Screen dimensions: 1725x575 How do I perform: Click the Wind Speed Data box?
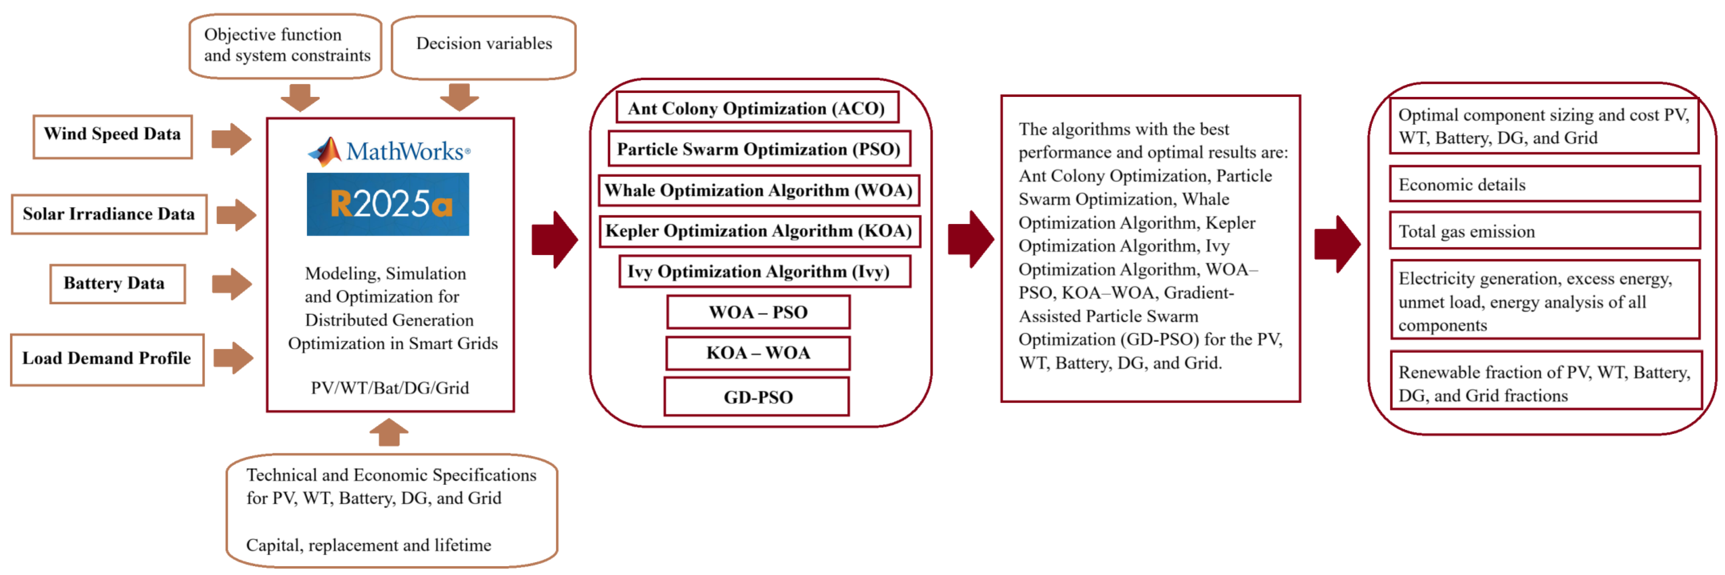pyautogui.click(x=113, y=136)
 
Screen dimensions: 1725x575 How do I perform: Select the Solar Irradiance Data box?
pyautogui.click(x=109, y=214)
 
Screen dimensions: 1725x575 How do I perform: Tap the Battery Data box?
pyautogui.click(x=117, y=284)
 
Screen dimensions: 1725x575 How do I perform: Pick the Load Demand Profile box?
pyautogui.click(x=107, y=359)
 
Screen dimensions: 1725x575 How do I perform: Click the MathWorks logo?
pyautogui.click(x=388, y=151)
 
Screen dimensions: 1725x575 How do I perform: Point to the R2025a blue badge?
pyautogui.click(x=388, y=204)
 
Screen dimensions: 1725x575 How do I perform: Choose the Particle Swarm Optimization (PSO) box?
pyautogui.click(x=759, y=149)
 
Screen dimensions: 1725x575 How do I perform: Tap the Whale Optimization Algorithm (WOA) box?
pyautogui.click(x=759, y=191)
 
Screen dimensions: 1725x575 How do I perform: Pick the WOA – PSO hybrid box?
pyautogui.click(x=758, y=312)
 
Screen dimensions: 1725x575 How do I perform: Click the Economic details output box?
pyautogui.click(x=1545, y=185)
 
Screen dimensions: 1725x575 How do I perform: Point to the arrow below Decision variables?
pyautogui.click(x=459, y=97)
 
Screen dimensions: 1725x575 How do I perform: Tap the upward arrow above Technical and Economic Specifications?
pyautogui.click(x=389, y=432)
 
